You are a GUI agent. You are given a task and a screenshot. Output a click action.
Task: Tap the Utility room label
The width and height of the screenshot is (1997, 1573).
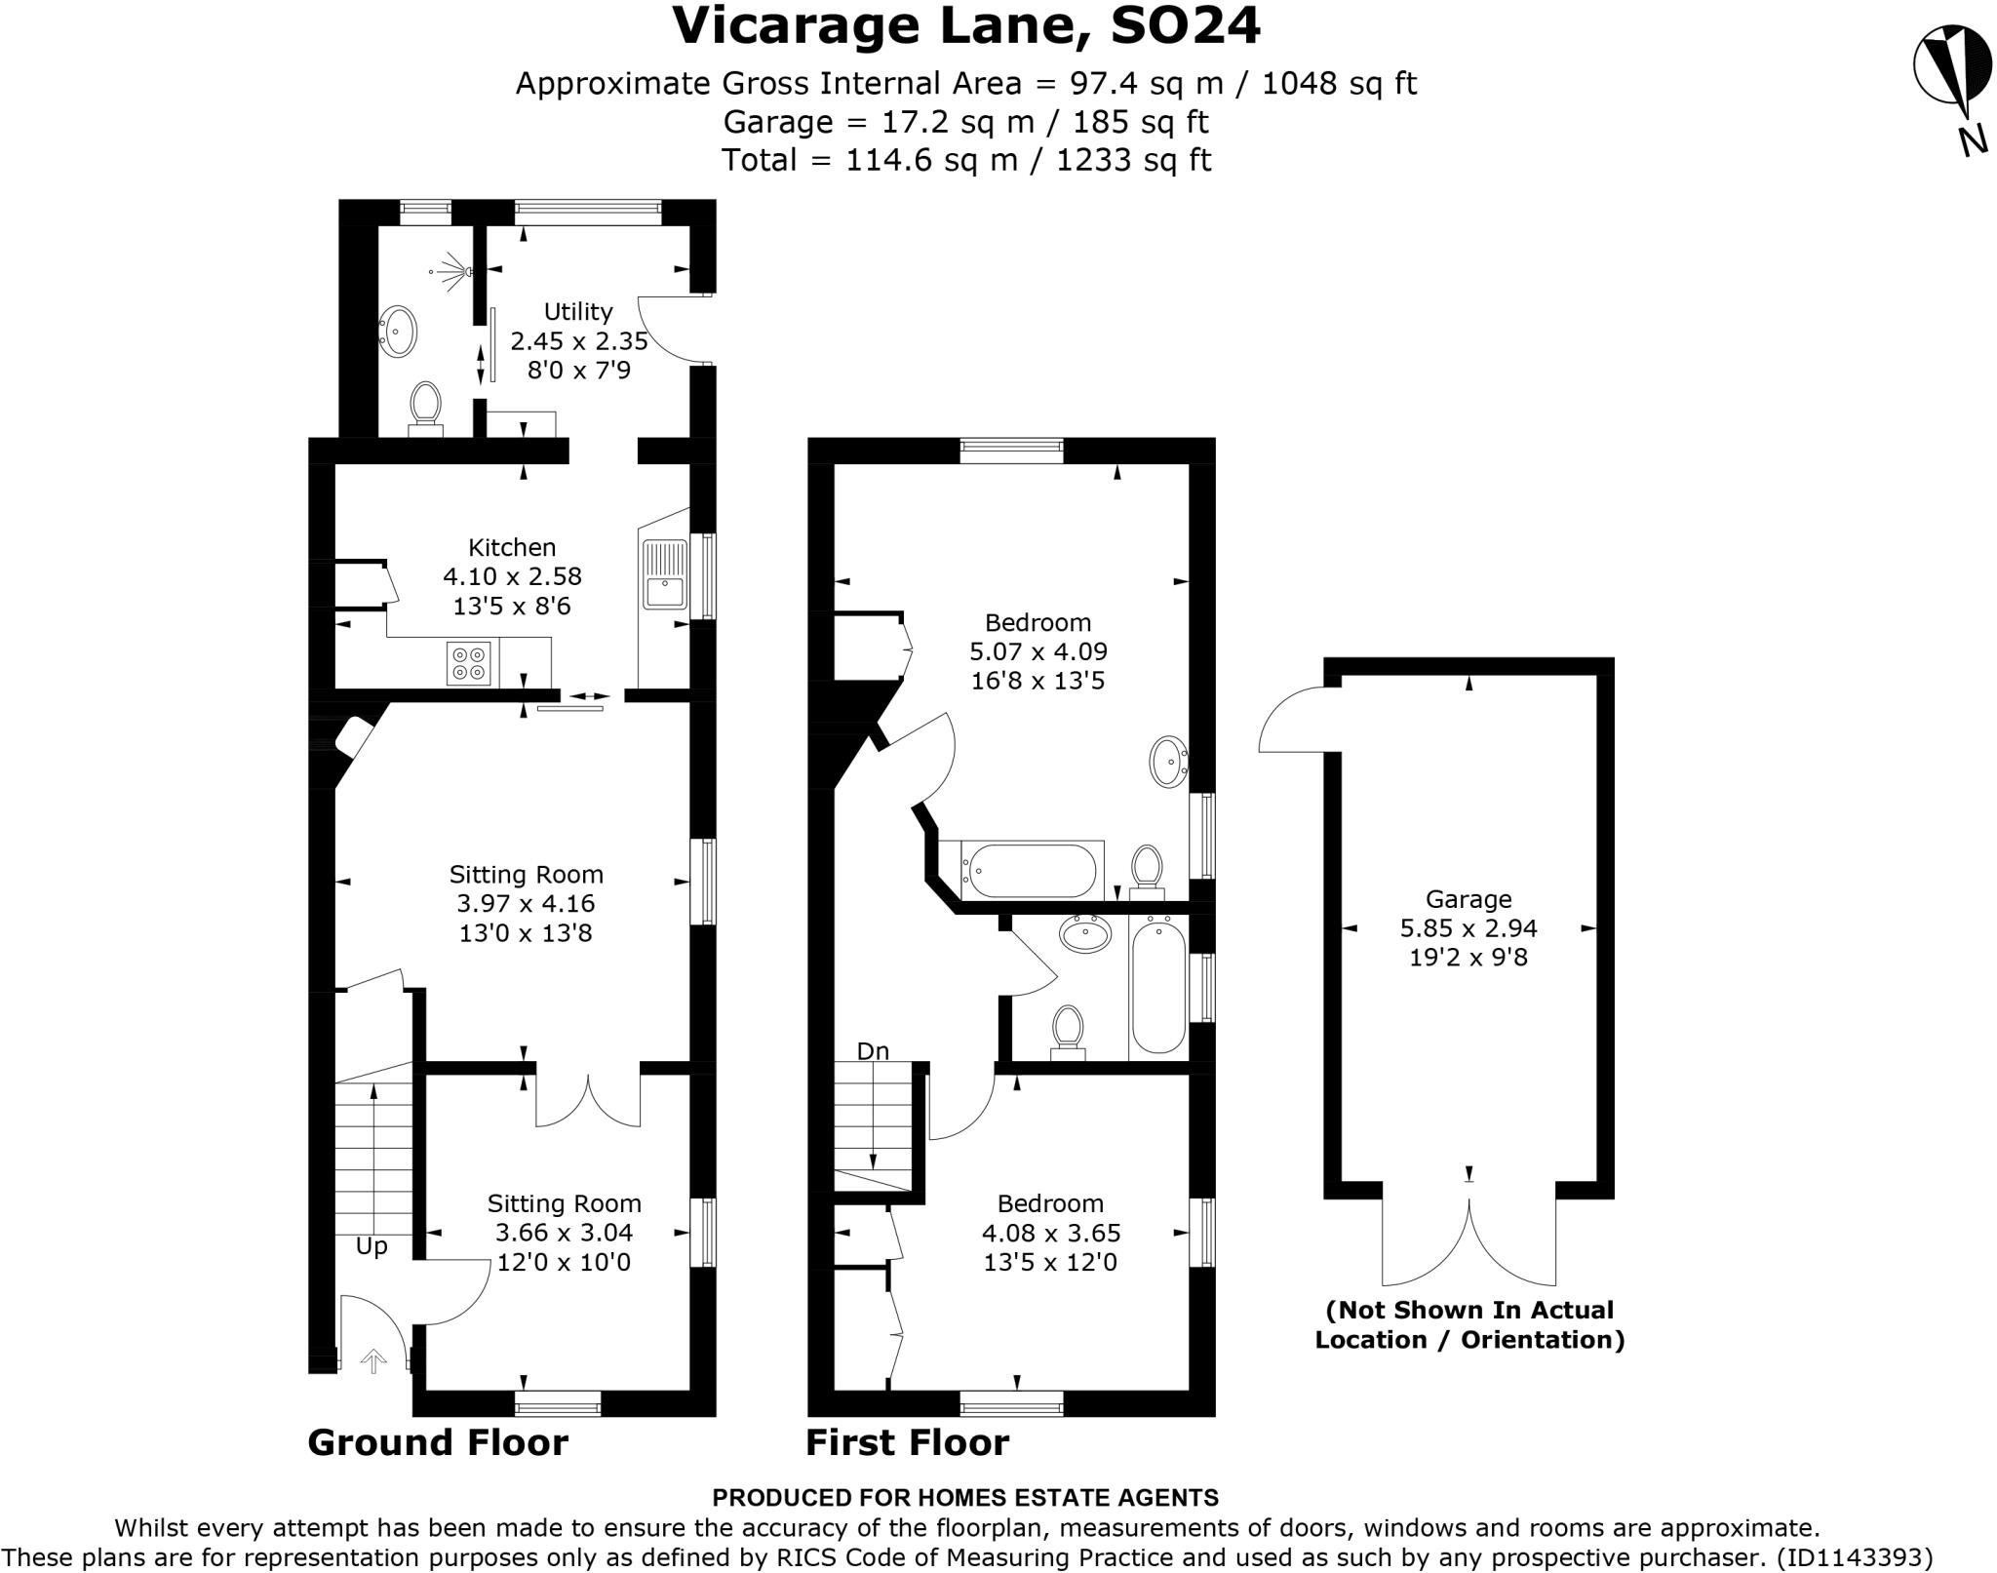click(578, 312)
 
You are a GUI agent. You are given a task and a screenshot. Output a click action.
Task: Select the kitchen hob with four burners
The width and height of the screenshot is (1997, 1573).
click(468, 663)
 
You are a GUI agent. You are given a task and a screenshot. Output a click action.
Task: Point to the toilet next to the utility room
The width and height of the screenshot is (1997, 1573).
click(425, 408)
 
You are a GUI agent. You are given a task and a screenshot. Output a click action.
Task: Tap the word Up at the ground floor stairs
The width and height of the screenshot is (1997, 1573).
click(372, 1246)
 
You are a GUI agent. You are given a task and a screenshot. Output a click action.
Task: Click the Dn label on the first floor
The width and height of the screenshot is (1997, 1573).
click(873, 1050)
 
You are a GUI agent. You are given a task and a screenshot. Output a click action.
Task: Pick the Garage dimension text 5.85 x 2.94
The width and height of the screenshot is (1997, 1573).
click(1468, 928)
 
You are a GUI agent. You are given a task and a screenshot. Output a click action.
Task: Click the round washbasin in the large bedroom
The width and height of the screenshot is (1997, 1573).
click(1168, 763)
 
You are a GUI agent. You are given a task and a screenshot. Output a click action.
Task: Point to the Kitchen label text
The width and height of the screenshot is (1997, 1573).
click(512, 547)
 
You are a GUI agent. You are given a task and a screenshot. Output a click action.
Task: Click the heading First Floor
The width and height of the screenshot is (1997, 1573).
click(907, 1442)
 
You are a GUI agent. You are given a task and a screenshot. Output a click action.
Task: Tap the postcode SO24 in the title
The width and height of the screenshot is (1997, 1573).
click(1185, 26)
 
